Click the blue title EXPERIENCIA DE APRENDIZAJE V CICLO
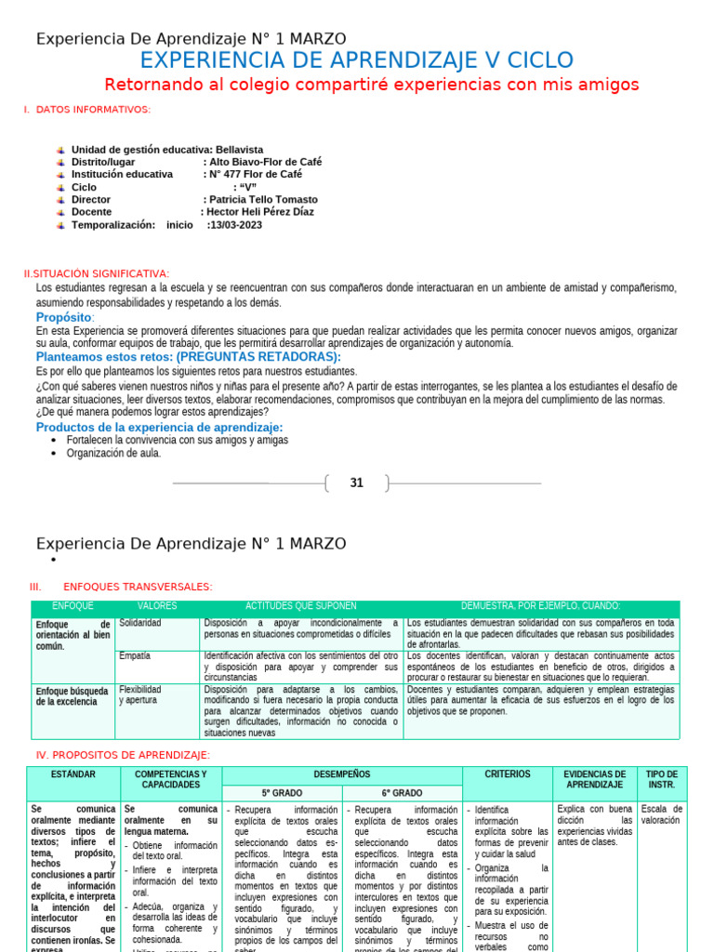[x=356, y=61]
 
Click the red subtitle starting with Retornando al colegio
[x=372, y=86]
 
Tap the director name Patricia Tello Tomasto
[x=262, y=200]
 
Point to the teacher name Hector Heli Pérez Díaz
[x=264, y=212]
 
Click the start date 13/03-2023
[x=236, y=225]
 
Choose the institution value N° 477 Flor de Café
[x=255, y=174]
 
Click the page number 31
[x=356, y=483]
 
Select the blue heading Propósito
[x=65, y=318]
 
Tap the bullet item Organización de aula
[x=113, y=453]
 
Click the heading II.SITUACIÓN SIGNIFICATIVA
[x=97, y=273]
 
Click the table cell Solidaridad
[x=140, y=623]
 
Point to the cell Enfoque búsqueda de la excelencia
[x=73, y=696]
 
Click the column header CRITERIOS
[x=508, y=773]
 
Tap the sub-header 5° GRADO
[x=282, y=793]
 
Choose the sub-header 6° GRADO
[x=402, y=793]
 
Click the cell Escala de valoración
[x=662, y=814]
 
